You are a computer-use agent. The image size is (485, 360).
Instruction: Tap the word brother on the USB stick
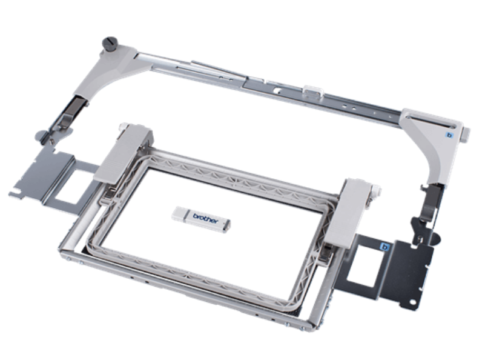(x=205, y=218)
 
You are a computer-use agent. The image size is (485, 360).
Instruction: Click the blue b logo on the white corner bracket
(x=450, y=135)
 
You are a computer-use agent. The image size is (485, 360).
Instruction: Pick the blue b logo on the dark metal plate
(x=384, y=247)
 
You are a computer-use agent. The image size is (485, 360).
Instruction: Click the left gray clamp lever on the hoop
(x=123, y=153)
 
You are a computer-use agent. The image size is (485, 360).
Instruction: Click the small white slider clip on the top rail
(x=312, y=92)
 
